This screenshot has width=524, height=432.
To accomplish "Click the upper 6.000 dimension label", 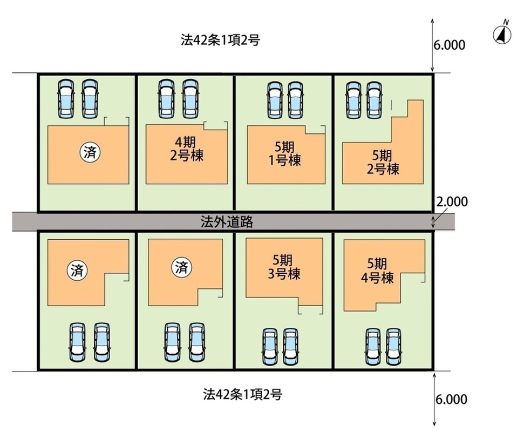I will pyautogui.click(x=449, y=45).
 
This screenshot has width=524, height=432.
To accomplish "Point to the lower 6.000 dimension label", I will pyautogui.click(x=450, y=400).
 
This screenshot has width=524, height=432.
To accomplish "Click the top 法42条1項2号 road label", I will pyautogui.click(x=221, y=40).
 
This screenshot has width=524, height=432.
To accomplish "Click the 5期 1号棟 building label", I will pyautogui.click(x=287, y=153).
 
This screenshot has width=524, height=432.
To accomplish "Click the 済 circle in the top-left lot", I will pyautogui.click(x=90, y=152).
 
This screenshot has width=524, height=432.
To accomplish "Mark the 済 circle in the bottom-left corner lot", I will pyautogui.click(x=76, y=268).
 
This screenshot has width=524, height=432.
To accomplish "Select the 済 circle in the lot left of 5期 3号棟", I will pyautogui.click(x=181, y=266).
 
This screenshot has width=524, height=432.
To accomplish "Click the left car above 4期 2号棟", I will pyautogui.click(x=165, y=98).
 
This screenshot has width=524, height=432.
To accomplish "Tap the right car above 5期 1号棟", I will pyautogui.click(x=294, y=100).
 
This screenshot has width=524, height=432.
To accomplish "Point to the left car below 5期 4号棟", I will pyautogui.click(x=372, y=346).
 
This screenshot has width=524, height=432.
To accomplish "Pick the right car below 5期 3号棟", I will pyautogui.click(x=291, y=346).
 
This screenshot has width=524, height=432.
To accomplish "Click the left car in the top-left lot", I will pyautogui.click(x=66, y=98).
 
